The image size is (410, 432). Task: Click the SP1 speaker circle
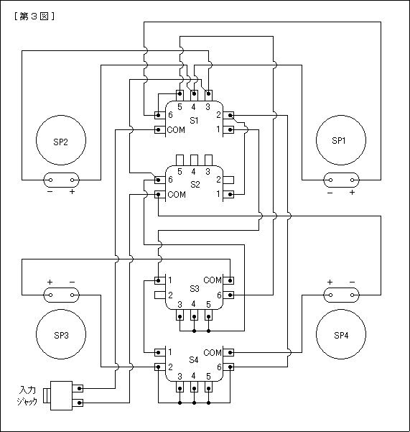[341, 116]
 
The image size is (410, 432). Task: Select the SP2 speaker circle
[61, 116]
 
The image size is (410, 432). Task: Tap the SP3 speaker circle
[61, 310]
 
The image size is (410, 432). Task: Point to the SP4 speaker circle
[341, 310]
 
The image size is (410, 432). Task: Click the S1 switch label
[194, 121]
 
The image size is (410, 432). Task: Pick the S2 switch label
[195, 184]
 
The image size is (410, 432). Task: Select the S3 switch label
[195, 289]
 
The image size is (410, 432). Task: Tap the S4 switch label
[194, 360]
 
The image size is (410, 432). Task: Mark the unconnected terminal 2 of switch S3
[159, 295]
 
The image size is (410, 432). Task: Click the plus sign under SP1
[353, 193]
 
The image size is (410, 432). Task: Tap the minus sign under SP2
[50, 192]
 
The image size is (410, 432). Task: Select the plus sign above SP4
[330, 282]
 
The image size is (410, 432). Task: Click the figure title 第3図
[34, 17]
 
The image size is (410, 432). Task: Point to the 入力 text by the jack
[27, 390]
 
